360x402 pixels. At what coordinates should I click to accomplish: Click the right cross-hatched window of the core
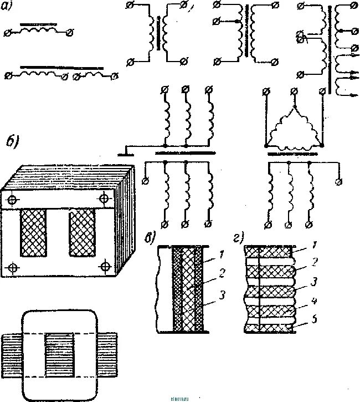point(81,233)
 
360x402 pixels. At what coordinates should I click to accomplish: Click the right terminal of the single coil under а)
point(69,33)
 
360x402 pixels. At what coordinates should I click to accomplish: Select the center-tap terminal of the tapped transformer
point(216,22)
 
